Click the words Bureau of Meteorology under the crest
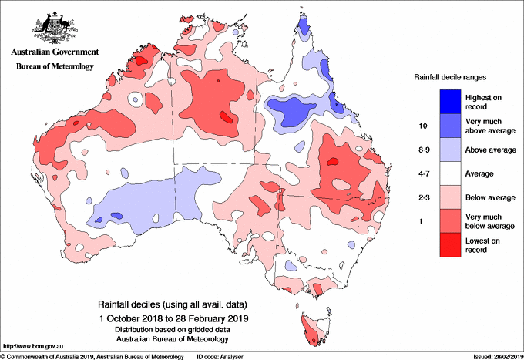click(x=55, y=67)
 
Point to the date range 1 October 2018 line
click(x=174, y=317)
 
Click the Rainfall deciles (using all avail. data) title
click(x=174, y=304)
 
